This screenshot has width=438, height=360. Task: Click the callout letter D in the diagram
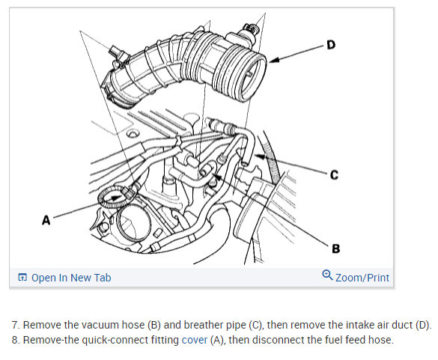[x=331, y=45]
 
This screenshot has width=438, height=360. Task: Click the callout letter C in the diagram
[x=334, y=175]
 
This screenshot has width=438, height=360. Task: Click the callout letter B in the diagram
[x=335, y=248]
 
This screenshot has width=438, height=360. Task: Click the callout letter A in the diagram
[x=46, y=220]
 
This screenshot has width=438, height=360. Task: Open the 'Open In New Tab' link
[x=71, y=278]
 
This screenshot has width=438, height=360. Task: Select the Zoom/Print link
[x=362, y=278]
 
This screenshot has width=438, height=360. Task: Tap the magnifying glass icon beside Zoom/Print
[x=327, y=275]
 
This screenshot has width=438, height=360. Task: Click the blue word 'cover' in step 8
[x=195, y=340]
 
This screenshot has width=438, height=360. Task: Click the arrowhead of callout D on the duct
[x=274, y=60]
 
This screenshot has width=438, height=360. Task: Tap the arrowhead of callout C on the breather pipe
[x=259, y=156]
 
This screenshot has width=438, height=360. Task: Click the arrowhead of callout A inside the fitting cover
[x=118, y=198]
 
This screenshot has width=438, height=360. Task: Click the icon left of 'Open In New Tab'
[x=22, y=278]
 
